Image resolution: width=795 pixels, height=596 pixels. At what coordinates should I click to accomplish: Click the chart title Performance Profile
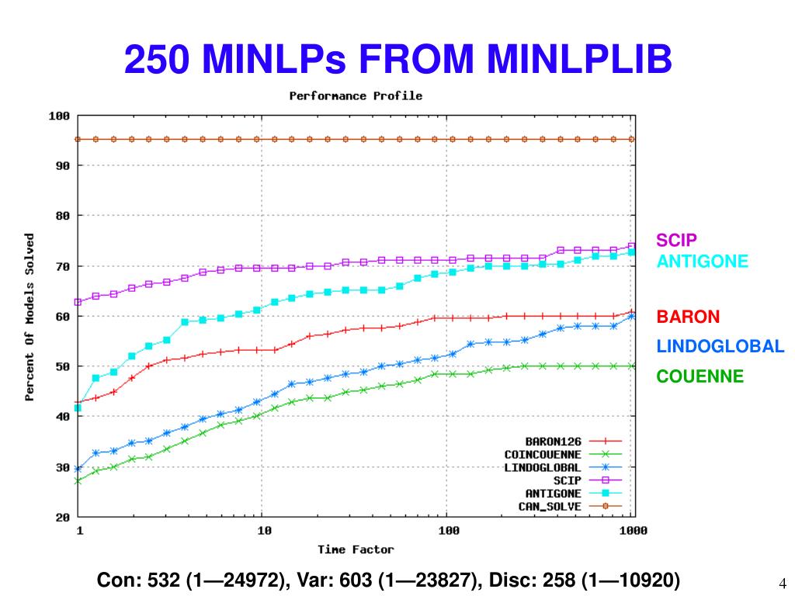[x=356, y=96]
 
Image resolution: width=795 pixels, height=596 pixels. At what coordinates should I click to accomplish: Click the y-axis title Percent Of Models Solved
[x=30, y=317]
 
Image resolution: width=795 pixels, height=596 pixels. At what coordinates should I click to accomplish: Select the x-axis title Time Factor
[x=356, y=549]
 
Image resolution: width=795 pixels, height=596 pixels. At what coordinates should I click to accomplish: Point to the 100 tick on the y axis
[x=59, y=116]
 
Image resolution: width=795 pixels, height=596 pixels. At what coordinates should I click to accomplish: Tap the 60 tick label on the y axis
[x=62, y=317]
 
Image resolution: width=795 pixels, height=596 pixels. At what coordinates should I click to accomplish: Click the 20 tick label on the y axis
[x=62, y=517]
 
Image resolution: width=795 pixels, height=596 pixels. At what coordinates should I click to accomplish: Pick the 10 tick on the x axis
[x=264, y=532]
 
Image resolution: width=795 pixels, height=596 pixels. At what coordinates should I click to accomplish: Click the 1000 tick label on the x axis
[x=633, y=532]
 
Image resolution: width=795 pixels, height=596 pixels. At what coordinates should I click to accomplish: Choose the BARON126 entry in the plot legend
[x=554, y=442]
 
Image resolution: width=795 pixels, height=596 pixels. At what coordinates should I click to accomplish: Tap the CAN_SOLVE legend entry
[x=550, y=507]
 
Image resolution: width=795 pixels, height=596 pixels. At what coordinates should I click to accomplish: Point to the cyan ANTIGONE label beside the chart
[x=703, y=262]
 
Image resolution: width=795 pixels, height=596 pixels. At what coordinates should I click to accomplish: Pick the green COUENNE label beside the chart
[x=700, y=376]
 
